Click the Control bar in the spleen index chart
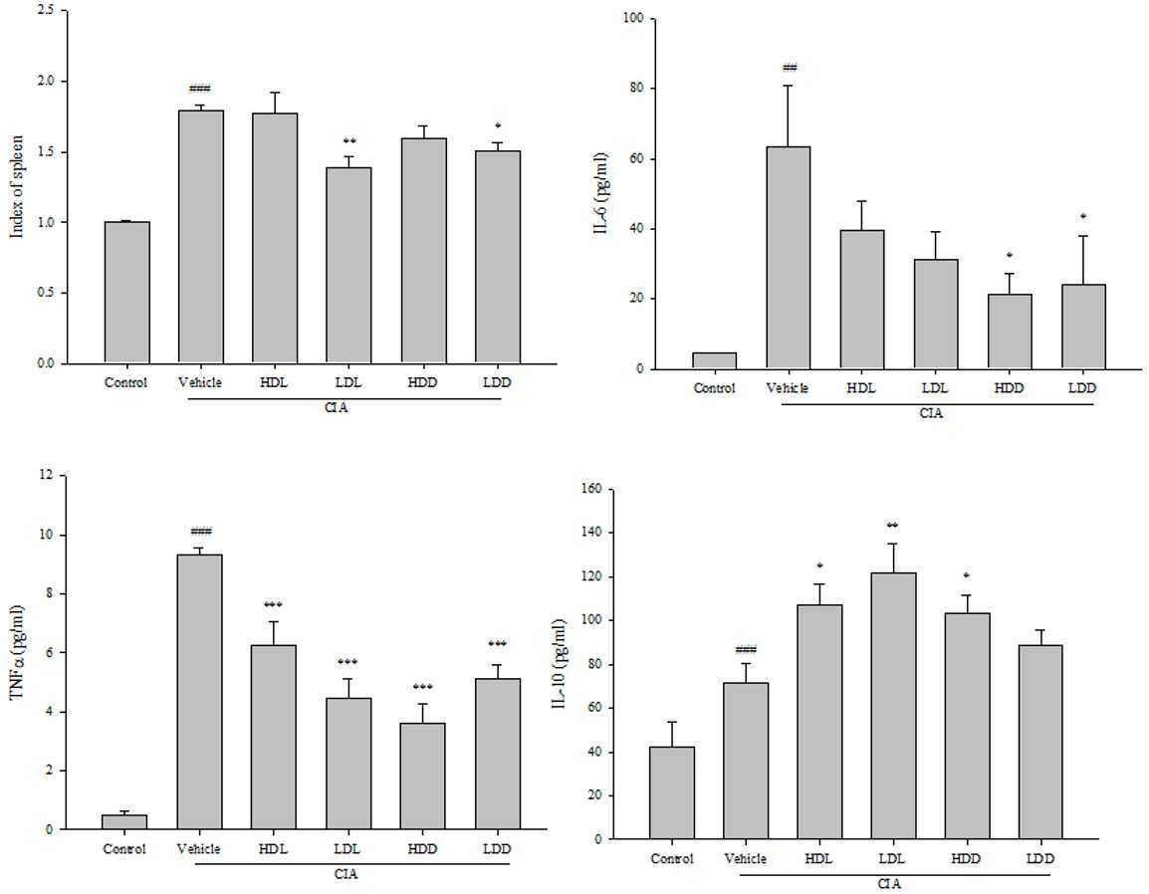(x=126, y=293)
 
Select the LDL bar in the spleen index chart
(x=348, y=265)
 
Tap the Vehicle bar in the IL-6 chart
(x=788, y=258)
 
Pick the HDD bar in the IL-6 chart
(x=1009, y=332)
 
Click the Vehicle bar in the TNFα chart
(x=199, y=692)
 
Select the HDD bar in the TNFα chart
(x=422, y=777)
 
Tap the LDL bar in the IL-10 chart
(x=892, y=706)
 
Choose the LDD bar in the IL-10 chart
(x=1039, y=743)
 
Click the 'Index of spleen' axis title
(x=18, y=186)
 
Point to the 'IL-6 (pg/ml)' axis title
(x=601, y=193)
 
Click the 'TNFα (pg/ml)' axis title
(x=18, y=653)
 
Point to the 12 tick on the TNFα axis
(x=48, y=476)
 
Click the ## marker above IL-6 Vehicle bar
(x=790, y=68)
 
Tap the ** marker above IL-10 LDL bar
(x=892, y=526)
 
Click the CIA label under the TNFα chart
(x=345, y=874)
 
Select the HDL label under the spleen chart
(x=274, y=382)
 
